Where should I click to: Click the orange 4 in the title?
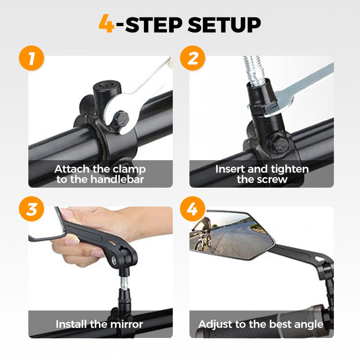pyautogui.click(x=107, y=25)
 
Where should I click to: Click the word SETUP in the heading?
pyautogui.click(x=224, y=25)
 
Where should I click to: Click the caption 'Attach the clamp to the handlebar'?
pyautogui.click(x=100, y=174)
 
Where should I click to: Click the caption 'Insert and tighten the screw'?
pyautogui.click(x=261, y=174)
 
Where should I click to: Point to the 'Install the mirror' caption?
pyautogui.click(x=99, y=324)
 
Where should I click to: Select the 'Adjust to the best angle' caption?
pyautogui.click(x=261, y=324)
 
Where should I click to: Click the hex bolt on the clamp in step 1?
pyautogui.click(x=121, y=119)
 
